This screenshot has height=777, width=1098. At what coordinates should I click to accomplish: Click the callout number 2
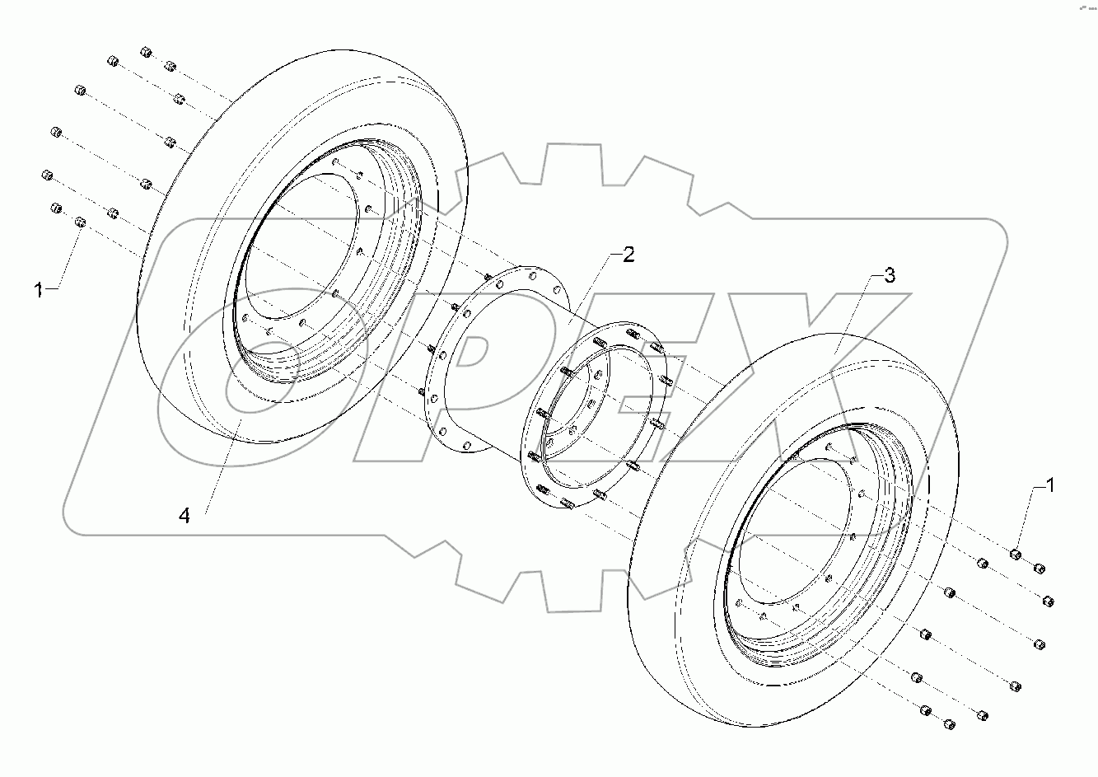pos(628,255)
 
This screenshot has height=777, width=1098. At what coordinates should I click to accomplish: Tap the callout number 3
pos(889,276)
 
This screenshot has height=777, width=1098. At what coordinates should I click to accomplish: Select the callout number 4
pos(185,516)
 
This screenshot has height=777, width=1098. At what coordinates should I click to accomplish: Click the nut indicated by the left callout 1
pos(81,222)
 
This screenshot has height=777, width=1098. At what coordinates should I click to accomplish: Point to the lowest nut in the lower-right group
pos(949,724)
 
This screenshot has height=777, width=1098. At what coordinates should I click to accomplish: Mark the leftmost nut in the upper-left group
pos(46,175)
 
